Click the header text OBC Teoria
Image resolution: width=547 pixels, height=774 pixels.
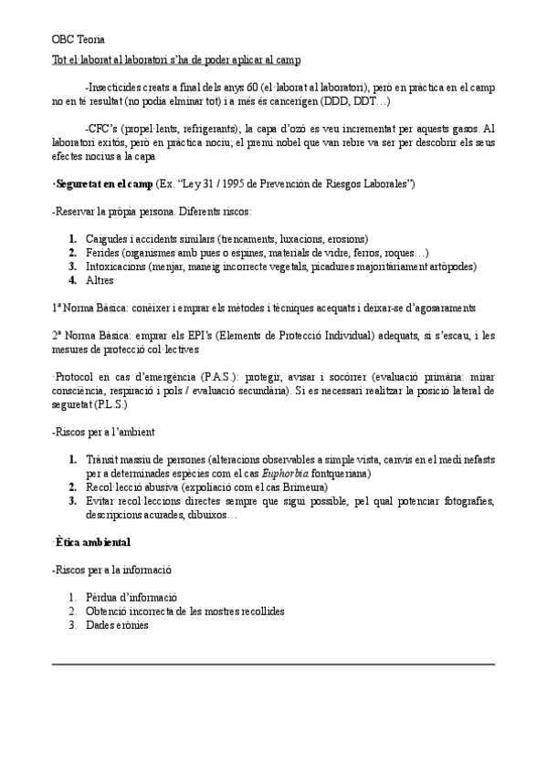click(x=78, y=39)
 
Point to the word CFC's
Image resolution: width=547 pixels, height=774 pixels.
click(x=102, y=130)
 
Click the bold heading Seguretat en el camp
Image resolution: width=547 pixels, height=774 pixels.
click(x=103, y=184)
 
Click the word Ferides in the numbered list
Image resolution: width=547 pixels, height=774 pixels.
click(x=103, y=253)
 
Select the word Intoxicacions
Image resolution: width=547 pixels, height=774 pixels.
click(x=119, y=267)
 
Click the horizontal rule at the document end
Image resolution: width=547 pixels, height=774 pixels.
click(x=273, y=663)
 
